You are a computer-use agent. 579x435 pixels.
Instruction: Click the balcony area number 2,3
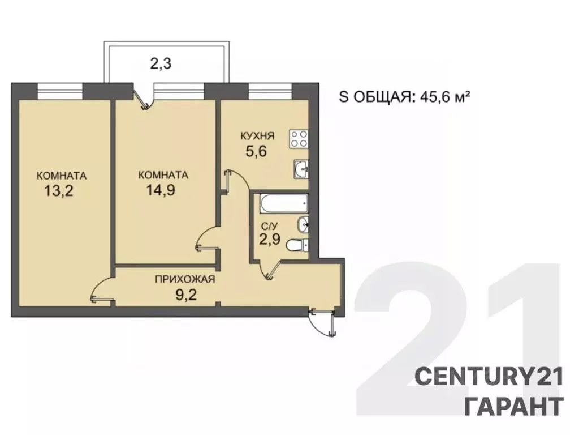161,64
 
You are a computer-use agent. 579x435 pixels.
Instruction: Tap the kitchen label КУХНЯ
257,136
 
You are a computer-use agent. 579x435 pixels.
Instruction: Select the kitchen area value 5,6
256,151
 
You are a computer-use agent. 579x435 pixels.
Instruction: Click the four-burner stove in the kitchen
299,139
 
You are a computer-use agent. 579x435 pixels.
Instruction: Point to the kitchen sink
301,169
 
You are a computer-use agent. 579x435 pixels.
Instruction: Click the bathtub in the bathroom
284,204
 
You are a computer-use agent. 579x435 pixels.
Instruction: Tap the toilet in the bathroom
297,245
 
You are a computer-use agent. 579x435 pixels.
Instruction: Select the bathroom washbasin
303,224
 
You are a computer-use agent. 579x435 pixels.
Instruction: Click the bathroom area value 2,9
270,240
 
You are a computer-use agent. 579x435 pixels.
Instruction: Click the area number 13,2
59,191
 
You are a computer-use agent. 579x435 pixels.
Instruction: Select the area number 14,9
160,190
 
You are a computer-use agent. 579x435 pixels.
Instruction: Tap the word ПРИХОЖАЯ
185,279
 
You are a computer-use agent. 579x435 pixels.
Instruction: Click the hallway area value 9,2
186,295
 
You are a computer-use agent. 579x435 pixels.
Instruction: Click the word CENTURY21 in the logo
489,377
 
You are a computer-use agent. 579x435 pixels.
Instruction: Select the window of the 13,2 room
60,91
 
